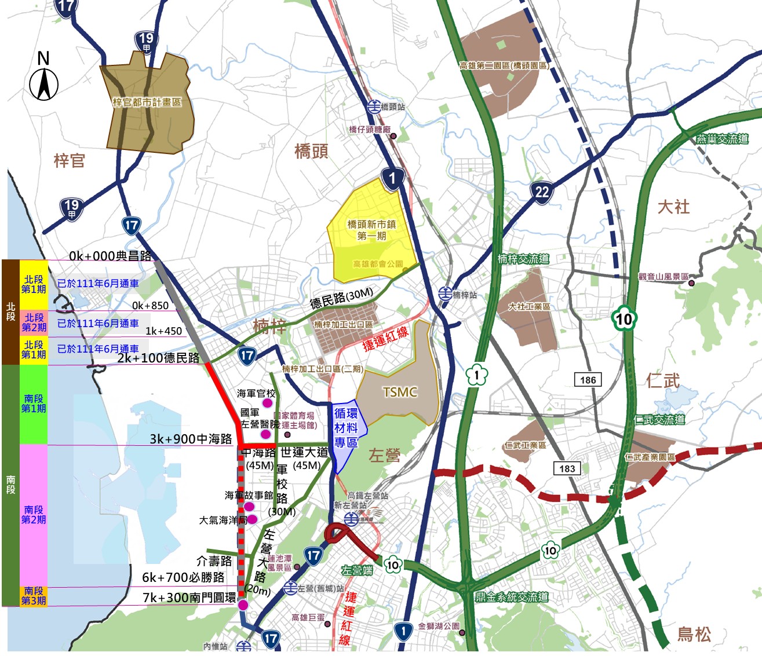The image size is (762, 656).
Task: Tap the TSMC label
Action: click(x=400, y=393)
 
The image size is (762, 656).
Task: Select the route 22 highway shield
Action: click(x=542, y=192)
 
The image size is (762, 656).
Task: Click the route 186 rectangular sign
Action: click(x=588, y=380)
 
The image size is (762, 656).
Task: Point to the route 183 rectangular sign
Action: click(x=567, y=468)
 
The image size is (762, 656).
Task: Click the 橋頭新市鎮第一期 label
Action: click(x=371, y=230)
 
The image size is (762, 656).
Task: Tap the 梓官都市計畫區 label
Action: click(x=147, y=102)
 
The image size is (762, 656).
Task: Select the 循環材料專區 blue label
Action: click(x=346, y=428)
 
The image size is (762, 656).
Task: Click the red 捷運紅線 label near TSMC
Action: click(x=385, y=339)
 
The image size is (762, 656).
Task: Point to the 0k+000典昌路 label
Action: click(x=110, y=256)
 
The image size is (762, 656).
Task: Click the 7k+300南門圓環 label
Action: click(x=189, y=598)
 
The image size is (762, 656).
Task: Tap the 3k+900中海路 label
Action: click(x=191, y=439)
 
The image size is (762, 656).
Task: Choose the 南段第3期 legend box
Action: click(x=34, y=596)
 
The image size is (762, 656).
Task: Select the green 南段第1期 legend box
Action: click(x=34, y=404)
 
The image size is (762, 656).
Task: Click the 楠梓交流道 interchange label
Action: click(x=523, y=259)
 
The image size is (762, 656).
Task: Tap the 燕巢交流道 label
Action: click(x=722, y=139)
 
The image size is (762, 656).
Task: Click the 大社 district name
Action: click(x=673, y=207)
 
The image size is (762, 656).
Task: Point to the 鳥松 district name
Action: click(x=694, y=634)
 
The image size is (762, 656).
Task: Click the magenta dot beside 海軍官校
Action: click(x=268, y=402)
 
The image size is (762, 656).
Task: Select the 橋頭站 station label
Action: click(x=393, y=107)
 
